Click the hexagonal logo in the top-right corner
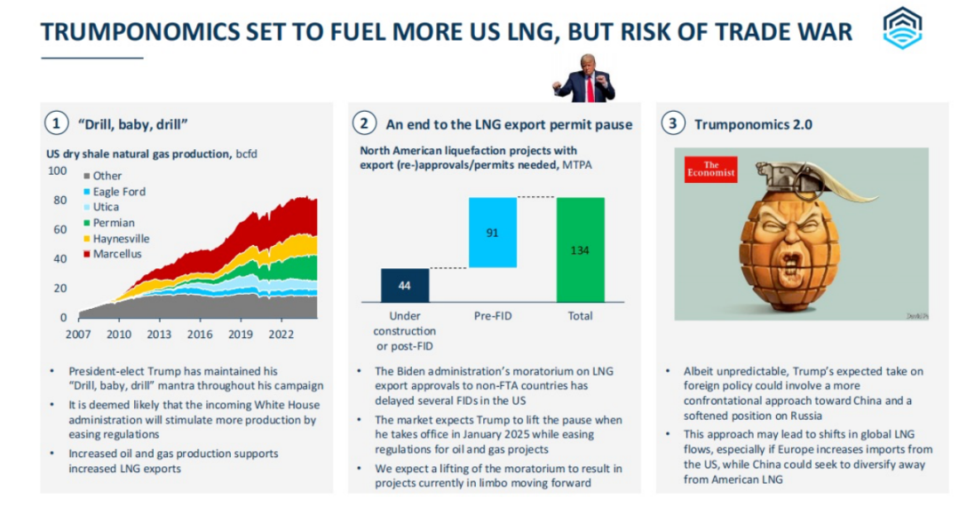902,28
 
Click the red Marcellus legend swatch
86,255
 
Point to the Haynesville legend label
121,239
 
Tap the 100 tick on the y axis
56,170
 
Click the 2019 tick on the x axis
240,335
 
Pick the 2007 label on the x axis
77,335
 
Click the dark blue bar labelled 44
404,285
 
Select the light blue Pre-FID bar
492,233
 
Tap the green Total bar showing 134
580,249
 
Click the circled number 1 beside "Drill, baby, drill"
57,123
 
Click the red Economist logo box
711,169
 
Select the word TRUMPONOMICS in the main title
141,32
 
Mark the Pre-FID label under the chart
492,316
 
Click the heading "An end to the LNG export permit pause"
509,124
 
